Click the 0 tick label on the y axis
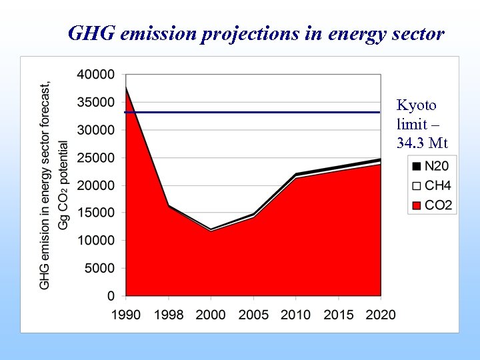pos(111,295)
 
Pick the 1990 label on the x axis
pos(125,315)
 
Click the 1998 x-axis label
pos(168,315)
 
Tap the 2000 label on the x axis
pos(211,315)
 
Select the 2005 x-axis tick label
pos(253,315)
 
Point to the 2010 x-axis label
pos(296,315)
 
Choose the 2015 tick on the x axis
pos(338,315)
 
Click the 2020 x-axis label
pos(381,315)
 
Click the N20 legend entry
pos(431,166)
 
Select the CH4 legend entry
pos(431,185)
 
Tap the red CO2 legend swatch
pos(417,205)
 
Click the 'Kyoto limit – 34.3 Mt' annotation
pos(421,124)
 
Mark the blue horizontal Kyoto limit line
pos(267,112)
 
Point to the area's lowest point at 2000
pos(211,230)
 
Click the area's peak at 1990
pos(126,87)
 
